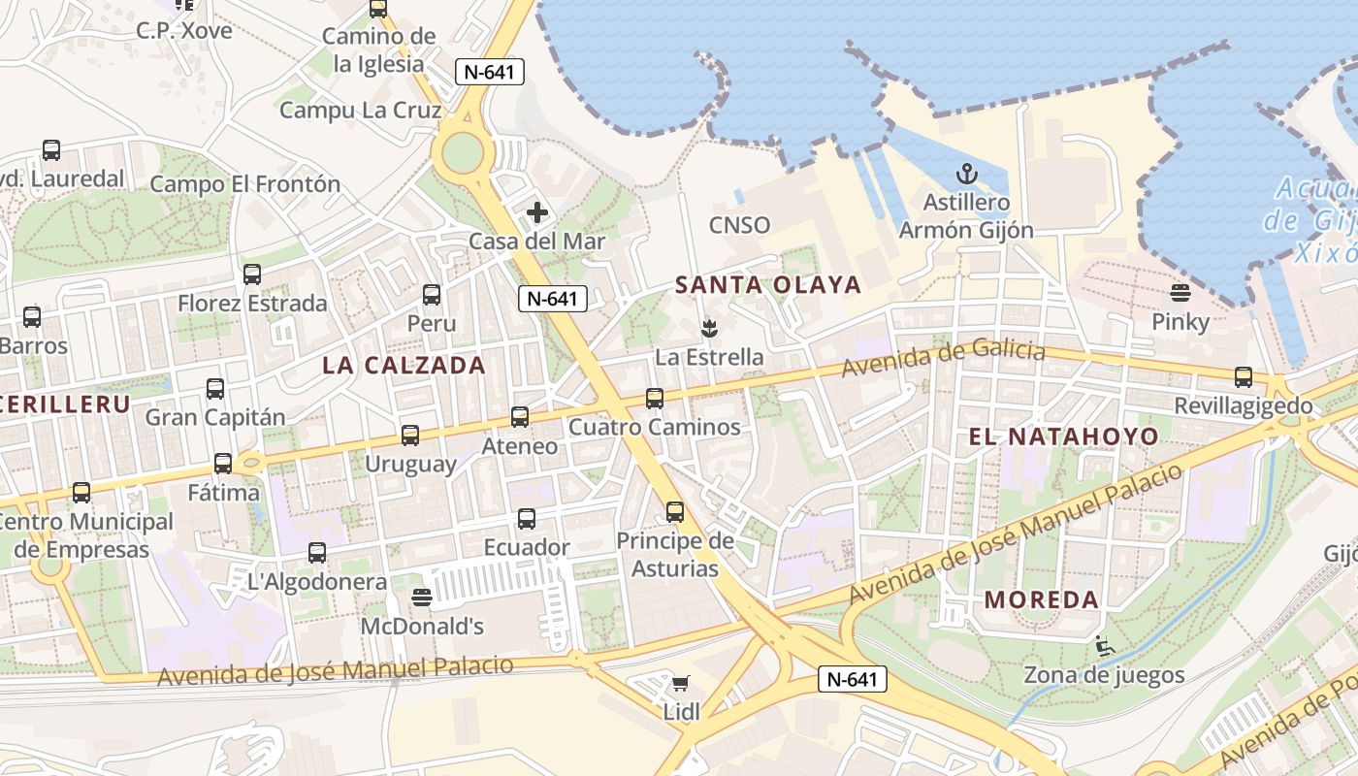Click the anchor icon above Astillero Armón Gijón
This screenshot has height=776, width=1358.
pyautogui.click(x=966, y=175)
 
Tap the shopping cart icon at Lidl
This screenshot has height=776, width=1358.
pyautogui.click(x=681, y=684)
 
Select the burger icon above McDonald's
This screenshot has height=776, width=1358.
pyautogui.click(x=421, y=598)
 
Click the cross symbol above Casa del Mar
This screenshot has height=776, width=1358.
pyautogui.click(x=536, y=212)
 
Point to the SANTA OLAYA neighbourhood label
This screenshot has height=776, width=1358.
pyautogui.click(x=768, y=284)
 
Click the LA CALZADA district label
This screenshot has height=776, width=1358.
pyautogui.click(x=404, y=365)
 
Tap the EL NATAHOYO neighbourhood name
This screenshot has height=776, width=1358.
pyautogui.click(x=1063, y=436)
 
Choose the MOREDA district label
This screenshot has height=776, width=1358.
pyautogui.click(x=1042, y=599)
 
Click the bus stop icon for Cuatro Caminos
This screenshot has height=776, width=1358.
pyautogui.click(x=655, y=398)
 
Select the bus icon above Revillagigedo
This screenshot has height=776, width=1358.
pyautogui.click(x=1244, y=377)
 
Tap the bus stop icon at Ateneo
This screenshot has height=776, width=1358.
pyautogui.click(x=520, y=417)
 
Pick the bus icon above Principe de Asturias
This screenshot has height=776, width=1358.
pyautogui.click(x=675, y=512)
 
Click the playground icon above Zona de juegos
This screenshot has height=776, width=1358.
pyautogui.click(x=1104, y=645)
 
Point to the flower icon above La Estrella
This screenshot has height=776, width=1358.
pyautogui.click(x=709, y=328)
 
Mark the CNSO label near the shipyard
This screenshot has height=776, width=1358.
pyautogui.click(x=740, y=225)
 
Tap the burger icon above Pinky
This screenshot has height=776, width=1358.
pyautogui.click(x=1180, y=292)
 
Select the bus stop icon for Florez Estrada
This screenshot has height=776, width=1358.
pyautogui.click(x=252, y=275)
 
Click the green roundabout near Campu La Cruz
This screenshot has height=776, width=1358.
pyautogui.click(x=463, y=151)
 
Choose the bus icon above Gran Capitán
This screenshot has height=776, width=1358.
pyautogui.click(x=215, y=389)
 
